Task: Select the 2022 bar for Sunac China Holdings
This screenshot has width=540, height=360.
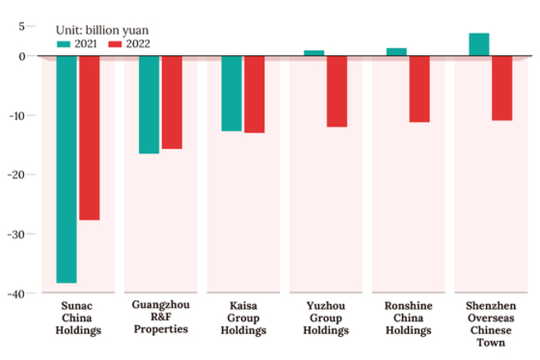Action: pos(90,138)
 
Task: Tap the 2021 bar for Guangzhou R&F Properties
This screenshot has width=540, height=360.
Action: pos(149,105)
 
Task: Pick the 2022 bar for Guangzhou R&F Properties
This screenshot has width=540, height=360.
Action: pos(172,102)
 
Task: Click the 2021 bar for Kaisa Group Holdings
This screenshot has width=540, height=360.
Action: pos(231,94)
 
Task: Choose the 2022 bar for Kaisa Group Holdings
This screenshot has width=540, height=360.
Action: pos(254,95)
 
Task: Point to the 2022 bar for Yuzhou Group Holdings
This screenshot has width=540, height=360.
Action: pos(336,91)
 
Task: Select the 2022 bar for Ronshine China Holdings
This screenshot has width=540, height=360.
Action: pos(420,89)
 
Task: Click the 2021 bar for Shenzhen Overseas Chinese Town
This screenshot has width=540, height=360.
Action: pos(479,45)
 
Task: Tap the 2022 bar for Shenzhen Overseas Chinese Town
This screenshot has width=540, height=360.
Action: pos(502,88)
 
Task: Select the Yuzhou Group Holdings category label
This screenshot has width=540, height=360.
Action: pos(326,318)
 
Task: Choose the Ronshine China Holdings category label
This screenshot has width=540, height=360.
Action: pos(408,318)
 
